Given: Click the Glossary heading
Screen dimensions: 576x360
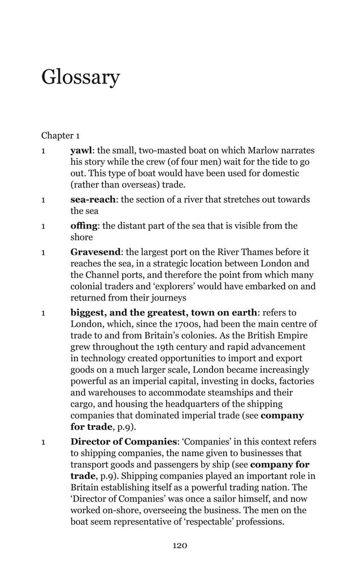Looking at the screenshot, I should pyautogui.click(x=80, y=77).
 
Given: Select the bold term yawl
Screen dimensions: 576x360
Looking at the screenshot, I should pyautogui.click(x=81, y=150).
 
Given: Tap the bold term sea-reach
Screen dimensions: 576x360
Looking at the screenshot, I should pyautogui.click(x=93, y=199).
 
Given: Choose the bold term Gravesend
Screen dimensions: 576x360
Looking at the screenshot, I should pyautogui.click(x=95, y=252).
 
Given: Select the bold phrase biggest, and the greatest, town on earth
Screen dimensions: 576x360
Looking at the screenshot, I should pyautogui.click(x=164, y=312).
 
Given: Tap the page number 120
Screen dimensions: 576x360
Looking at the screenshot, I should pyautogui.click(x=180, y=546).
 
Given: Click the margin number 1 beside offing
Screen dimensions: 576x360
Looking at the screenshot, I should pyautogui.click(x=43, y=226).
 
